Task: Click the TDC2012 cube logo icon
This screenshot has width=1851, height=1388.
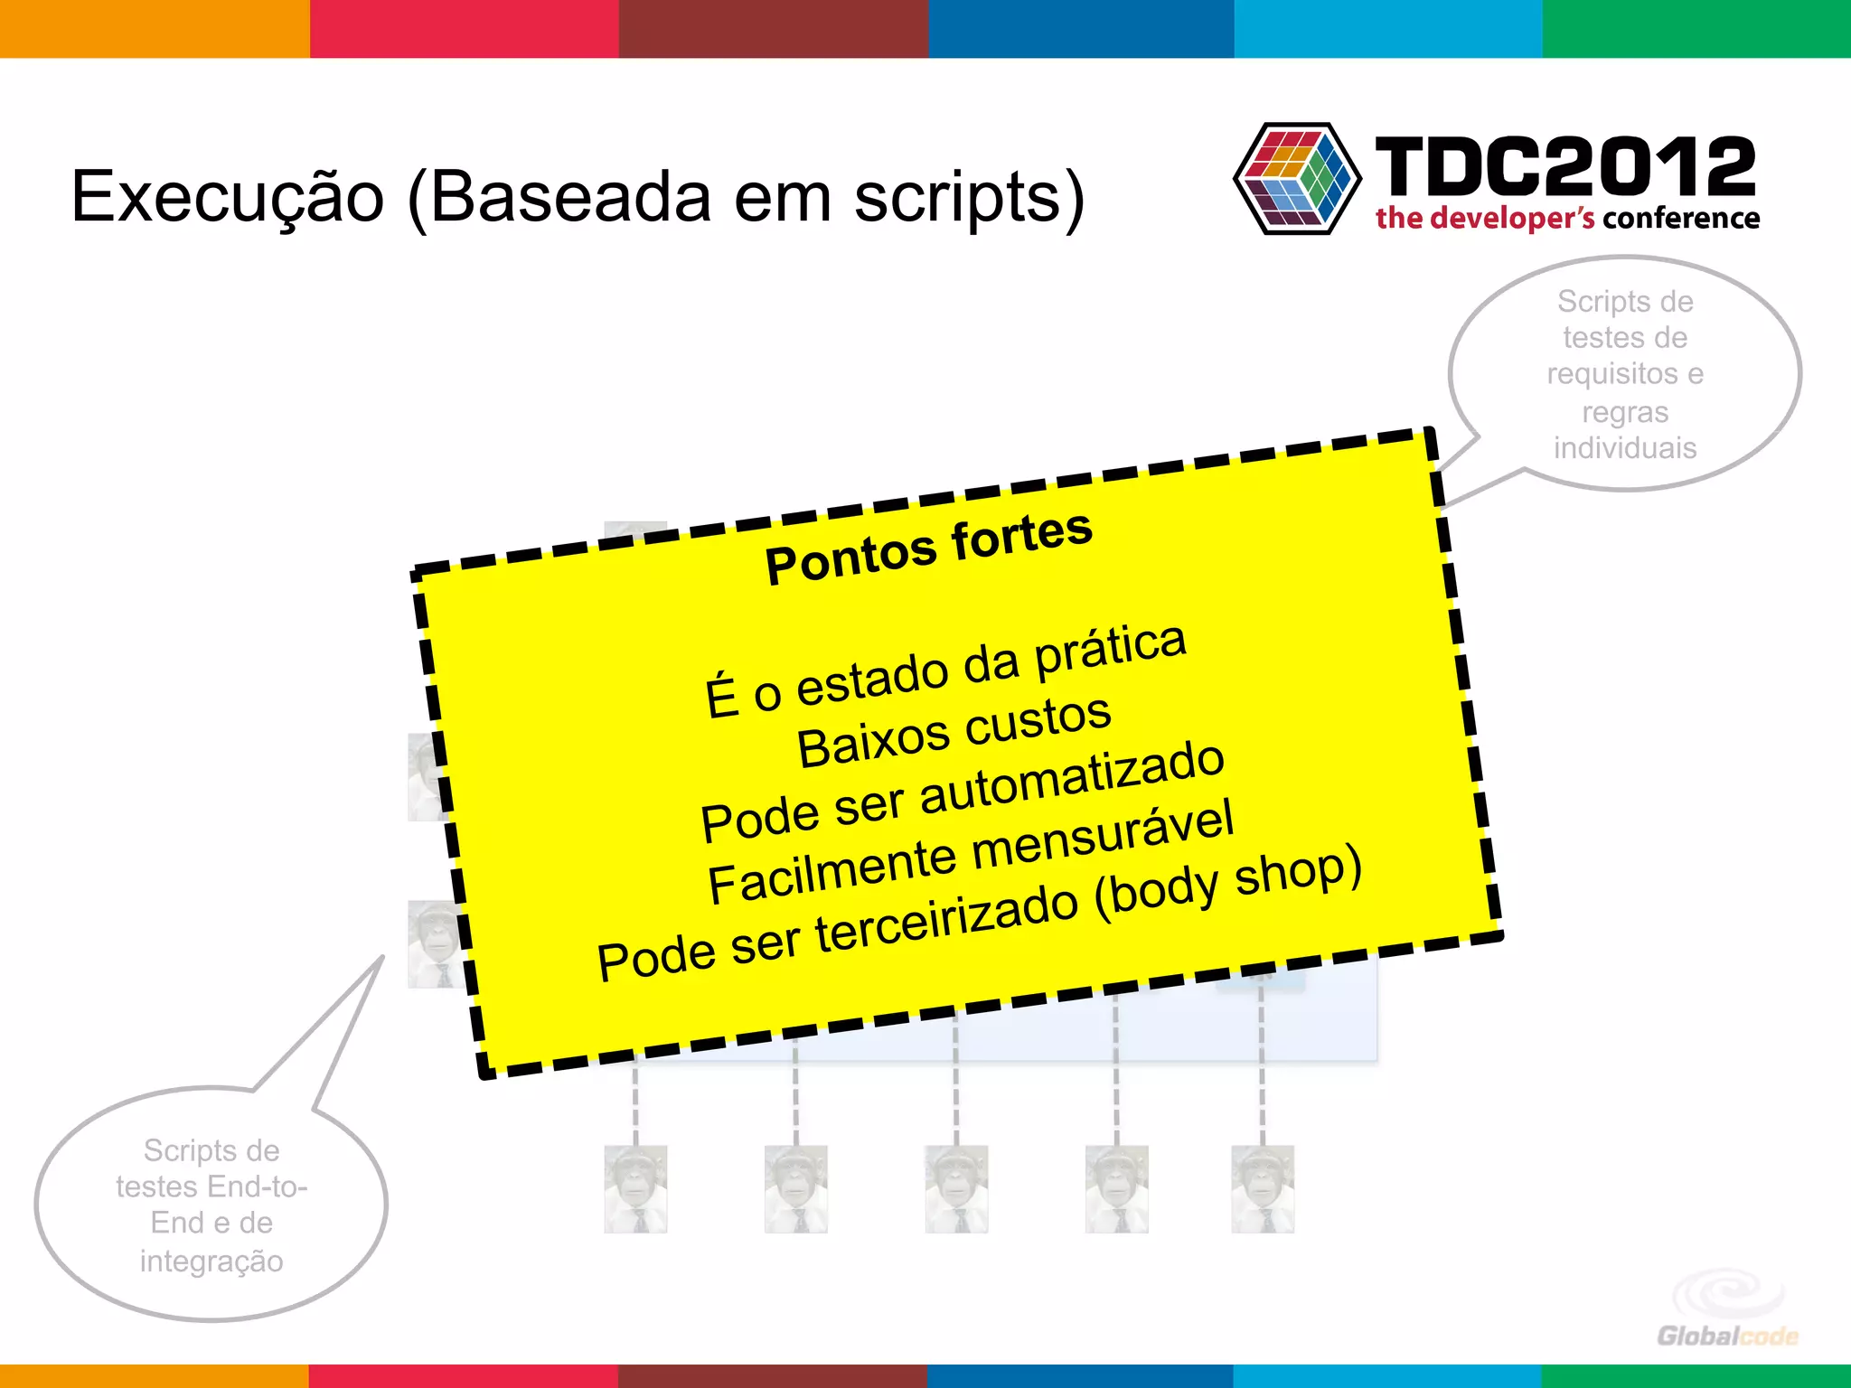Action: [x=1298, y=179]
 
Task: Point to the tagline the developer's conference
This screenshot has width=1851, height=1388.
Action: [x=1567, y=219]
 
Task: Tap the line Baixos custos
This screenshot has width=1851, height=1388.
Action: [x=954, y=732]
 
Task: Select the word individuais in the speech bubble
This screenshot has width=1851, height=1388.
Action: [x=1624, y=448]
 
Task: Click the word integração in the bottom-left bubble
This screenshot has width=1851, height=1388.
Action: [x=211, y=1261]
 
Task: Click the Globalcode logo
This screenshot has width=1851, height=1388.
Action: [x=1726, y=1310]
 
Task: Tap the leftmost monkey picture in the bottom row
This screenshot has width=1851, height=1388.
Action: [x=635, y=1189]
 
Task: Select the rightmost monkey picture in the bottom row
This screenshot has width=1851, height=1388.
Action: [x=1263, y=1189]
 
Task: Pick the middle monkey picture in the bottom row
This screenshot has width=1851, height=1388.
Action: [x=956, y=1189]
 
